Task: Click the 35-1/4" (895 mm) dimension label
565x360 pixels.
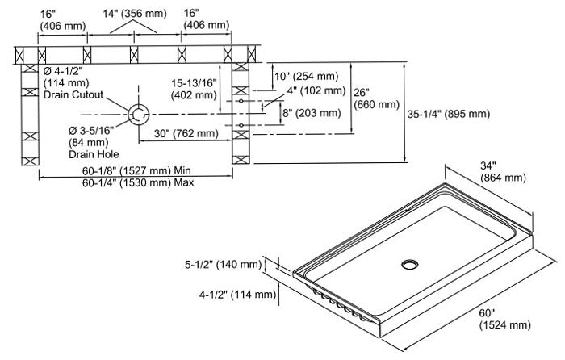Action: pyautogui.click(x=449, y=115)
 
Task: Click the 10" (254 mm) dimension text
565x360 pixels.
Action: pyautogui.click(x=311, y=76)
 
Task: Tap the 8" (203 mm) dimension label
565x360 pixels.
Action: pyautogui.click(x=310, y=114)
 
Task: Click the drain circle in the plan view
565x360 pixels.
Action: pyautogui.click(x=138, y=114)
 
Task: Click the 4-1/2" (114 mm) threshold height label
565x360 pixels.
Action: pyautogui.click(x=231, y=295)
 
